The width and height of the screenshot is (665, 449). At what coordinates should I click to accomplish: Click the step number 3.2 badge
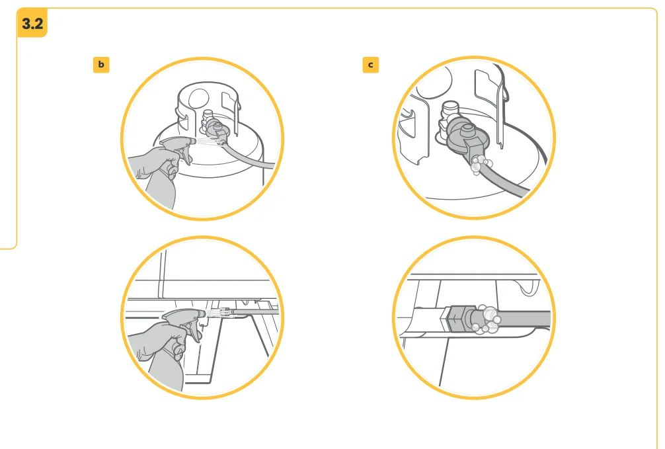click(32, 23)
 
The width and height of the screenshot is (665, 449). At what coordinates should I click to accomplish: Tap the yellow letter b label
click(101, 65)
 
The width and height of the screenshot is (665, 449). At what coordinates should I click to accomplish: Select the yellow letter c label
click(371, 65)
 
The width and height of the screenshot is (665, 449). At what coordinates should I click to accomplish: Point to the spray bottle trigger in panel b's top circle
click(185, 156)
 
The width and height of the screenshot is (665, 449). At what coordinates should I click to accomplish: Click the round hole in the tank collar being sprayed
click(198, 99)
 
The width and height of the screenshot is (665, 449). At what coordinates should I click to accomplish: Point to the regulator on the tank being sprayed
click(214, 130)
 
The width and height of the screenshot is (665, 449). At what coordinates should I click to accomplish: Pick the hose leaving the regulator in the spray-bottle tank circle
click(248, 156)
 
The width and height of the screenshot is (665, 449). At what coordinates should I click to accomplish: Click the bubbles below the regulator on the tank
click(479, 164)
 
